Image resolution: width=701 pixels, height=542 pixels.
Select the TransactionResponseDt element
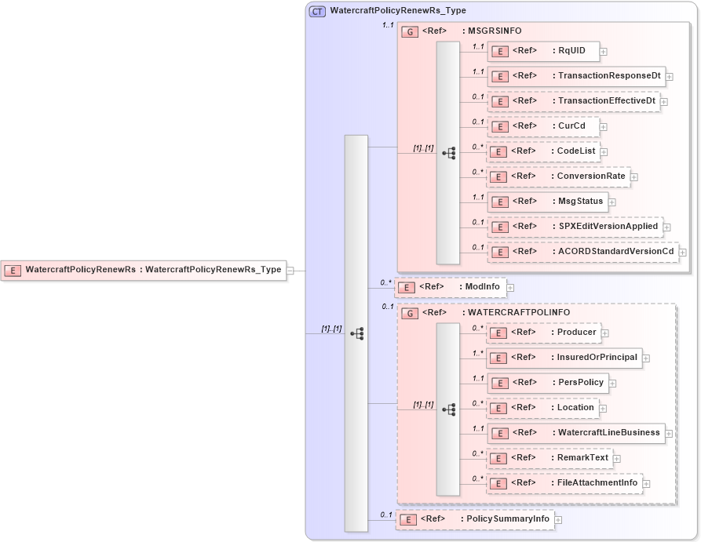tap(576, 76)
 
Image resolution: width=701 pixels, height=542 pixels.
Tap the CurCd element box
tap(542, 126)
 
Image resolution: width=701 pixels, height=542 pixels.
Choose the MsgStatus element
tap(546, 202)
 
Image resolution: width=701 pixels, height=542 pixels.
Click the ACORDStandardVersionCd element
tap(582, 252)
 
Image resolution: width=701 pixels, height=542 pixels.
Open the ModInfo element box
tap(450, 287)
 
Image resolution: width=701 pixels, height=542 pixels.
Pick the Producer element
tap(543, 333)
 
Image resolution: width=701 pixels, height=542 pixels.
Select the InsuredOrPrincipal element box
tap(564, 358)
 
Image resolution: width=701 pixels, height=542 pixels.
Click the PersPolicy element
tap(547, 383)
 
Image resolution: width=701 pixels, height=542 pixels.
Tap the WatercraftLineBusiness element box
tap(575, 433)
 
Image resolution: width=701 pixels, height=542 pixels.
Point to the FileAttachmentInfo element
tap(564, 483)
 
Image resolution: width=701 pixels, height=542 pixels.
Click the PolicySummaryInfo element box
tap(474, 519)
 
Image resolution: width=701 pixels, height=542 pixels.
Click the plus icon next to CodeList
tap(604, 152)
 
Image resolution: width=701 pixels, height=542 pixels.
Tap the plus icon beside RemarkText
tap(616, 459)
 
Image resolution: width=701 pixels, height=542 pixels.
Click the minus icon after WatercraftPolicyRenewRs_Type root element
tap(290, 271)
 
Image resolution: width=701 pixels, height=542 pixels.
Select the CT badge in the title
tap(318, 12)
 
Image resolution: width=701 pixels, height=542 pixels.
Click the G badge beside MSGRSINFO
tap(410, 32)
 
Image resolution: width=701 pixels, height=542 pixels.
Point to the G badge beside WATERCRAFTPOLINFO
tap(410, 313)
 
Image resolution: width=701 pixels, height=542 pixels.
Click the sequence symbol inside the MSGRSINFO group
tap(448, 153)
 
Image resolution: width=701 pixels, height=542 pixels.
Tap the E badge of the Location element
tap(498, 408)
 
